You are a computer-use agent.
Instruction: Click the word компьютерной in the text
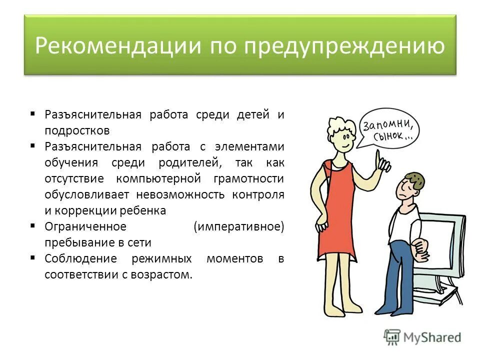coord(158,178)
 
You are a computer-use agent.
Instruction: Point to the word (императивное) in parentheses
coord(238,226)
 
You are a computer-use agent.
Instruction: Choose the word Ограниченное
coord(85,226)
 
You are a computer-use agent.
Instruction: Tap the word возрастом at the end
coord(168,274)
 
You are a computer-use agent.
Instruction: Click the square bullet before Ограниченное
coord(32,226)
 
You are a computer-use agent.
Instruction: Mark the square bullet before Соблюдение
coord(32,258)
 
